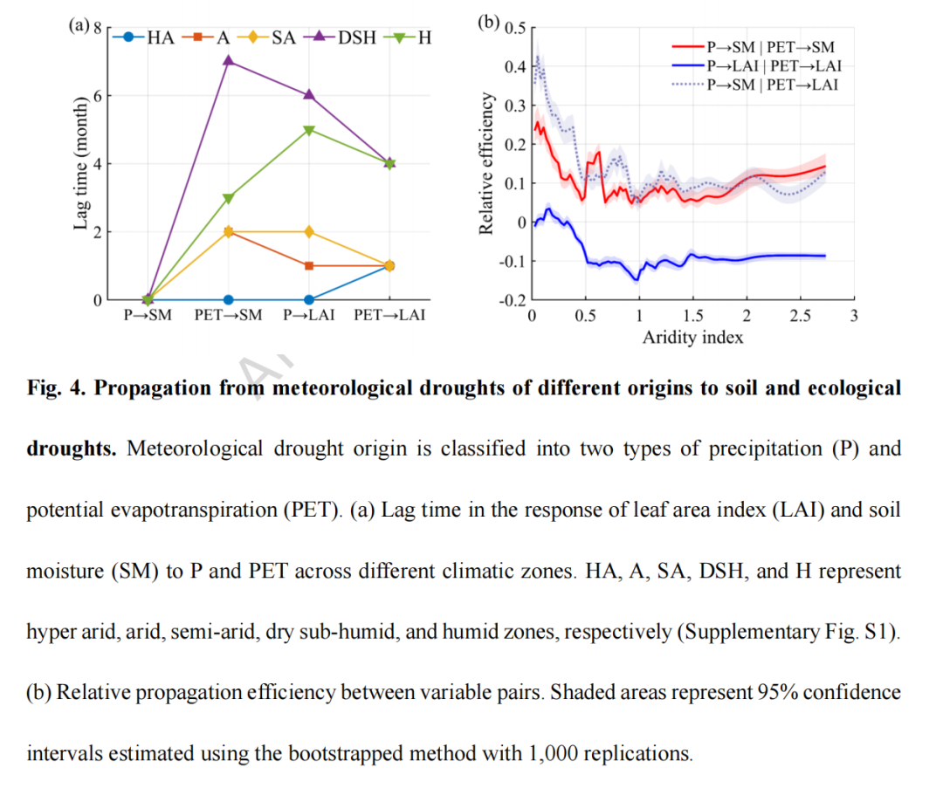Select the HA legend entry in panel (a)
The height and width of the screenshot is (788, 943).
pyautogui.click(x=148, y=38)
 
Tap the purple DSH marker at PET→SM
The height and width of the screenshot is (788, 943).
pyautogui.click(x=229, y=61)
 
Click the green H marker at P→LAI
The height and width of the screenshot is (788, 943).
pyautogui.click(x=309, y=130)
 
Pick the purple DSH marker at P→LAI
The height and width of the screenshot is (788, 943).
pyautogui.click(x=309, y=95)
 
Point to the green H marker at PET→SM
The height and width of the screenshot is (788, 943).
pyautogui.click(x=229, y=198)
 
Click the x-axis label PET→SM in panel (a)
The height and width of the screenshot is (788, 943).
pyautogui.click(x=228, y=315)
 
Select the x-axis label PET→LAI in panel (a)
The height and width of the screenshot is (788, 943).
pyautogui.click(x=389, y=315)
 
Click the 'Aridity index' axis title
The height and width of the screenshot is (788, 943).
pyautogui.click(x=692, y=337)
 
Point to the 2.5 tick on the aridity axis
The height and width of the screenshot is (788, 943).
pyautogui.click(x=800, y=315)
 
